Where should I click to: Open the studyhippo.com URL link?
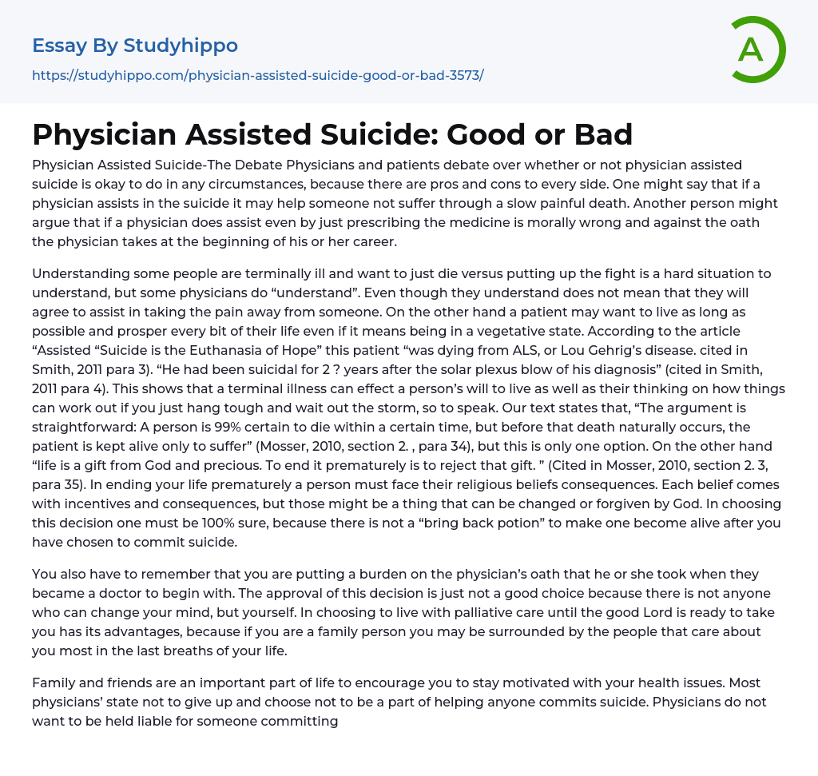(257, 75)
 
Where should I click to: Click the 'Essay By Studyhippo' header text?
(135, 46)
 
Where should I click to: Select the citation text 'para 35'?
(55, 465)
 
